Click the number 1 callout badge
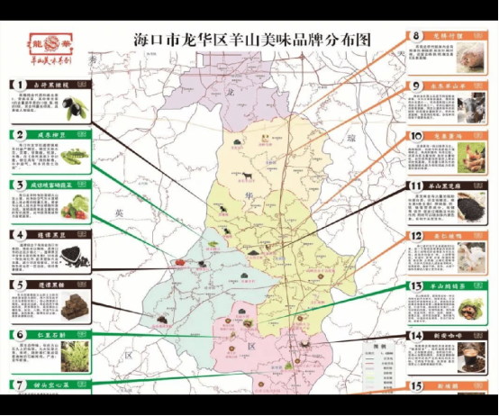[17, 85]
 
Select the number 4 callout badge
[17, 235]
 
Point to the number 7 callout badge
[17, 384]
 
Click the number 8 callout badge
[416, 37]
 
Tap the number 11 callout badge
[415, 187]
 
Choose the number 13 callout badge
[415, 286]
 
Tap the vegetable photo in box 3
[76, 206]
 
